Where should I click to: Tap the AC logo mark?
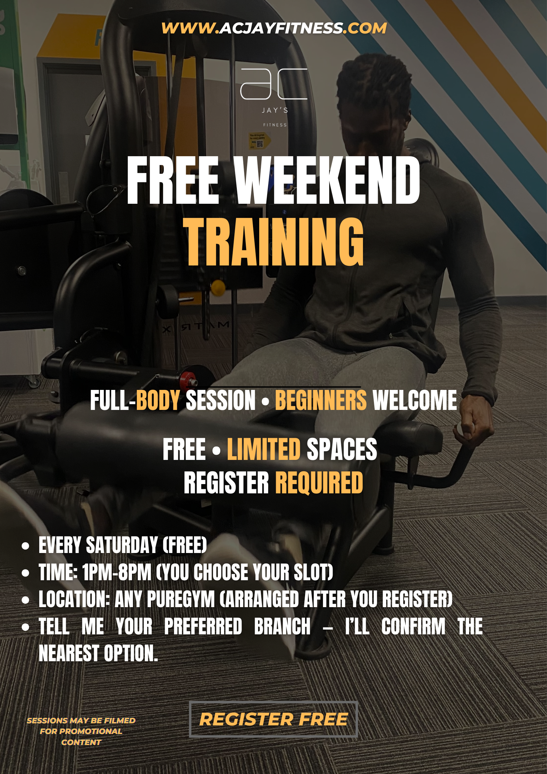(x=274, y=84)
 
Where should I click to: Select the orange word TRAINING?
(x=275, y=242)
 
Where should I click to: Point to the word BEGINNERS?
(x=321, y=400)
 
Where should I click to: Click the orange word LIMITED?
(x=264, y=449)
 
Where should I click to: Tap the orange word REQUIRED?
(x=319, y=483)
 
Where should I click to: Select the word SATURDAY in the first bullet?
(x=122, y=545)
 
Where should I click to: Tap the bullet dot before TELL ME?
(x=26, y=627)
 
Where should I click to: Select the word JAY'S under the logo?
(x=275, y=110)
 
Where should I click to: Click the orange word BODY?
(x=158, y=400)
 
